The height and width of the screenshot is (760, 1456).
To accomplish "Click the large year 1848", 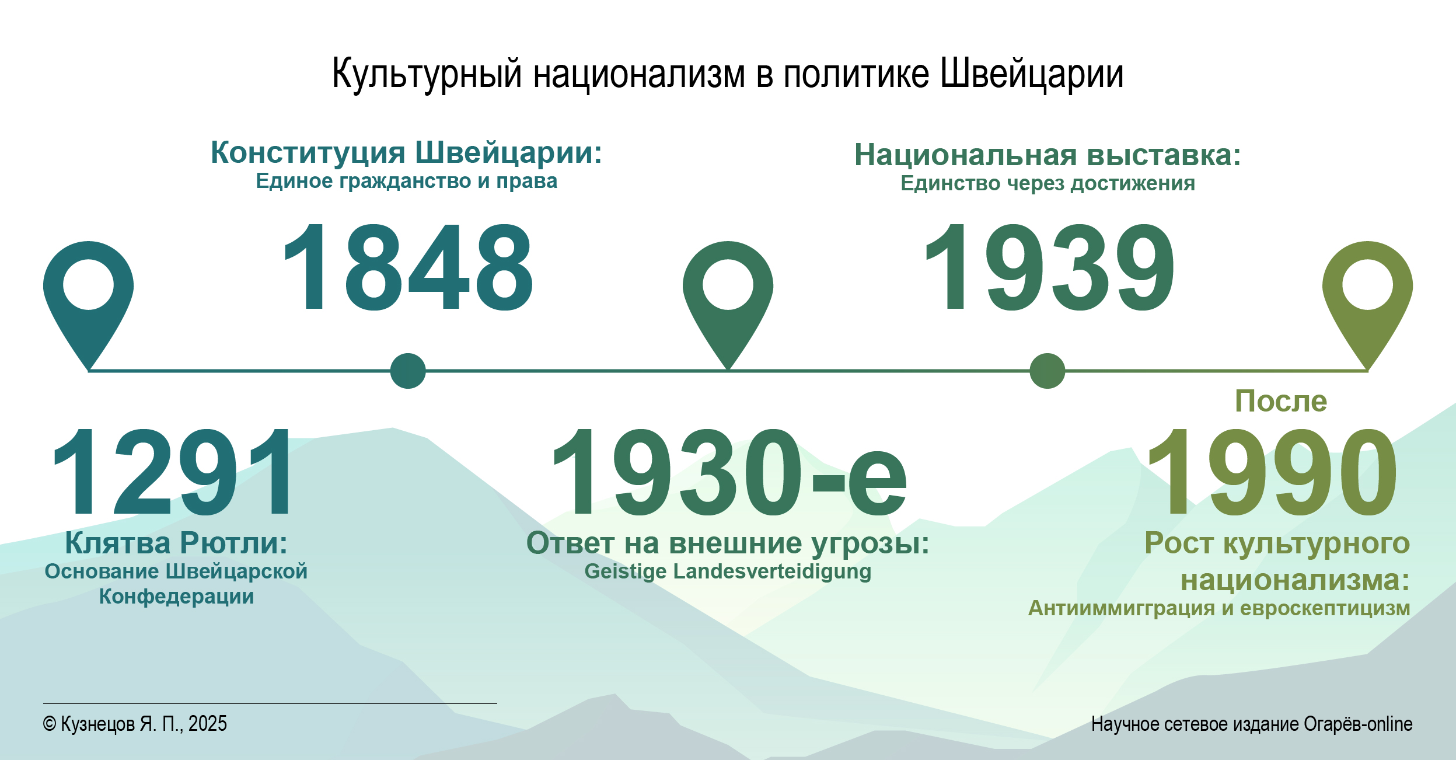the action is (x=407, y=267).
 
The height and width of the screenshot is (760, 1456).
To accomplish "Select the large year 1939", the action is (x=1049, y=267).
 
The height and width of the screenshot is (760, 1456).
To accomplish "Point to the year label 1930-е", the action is (x=729, y=472).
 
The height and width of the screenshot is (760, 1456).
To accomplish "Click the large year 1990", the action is (x=1272, y=472).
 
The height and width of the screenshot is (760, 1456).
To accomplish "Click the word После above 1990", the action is (x=1281, y=401).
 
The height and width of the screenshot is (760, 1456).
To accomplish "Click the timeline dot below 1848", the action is (x=408, y=371).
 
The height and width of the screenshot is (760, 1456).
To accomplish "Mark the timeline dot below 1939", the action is (x=1048, y=371).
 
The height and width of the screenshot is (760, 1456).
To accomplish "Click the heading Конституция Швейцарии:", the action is (x=406, y=153).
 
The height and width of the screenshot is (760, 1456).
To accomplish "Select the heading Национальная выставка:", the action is (x=1048, y=155).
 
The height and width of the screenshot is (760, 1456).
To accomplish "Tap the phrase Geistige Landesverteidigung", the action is (x=728, y=571).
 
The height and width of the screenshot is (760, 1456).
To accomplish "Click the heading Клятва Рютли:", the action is (x=176, y=543).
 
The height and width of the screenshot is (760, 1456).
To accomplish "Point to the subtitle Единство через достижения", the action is (x=1048, y=183).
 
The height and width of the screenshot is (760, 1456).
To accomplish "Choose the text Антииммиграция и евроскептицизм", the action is (x=1219, y=608).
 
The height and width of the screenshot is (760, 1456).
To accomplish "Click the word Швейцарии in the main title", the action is (x=1032, y=74).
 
